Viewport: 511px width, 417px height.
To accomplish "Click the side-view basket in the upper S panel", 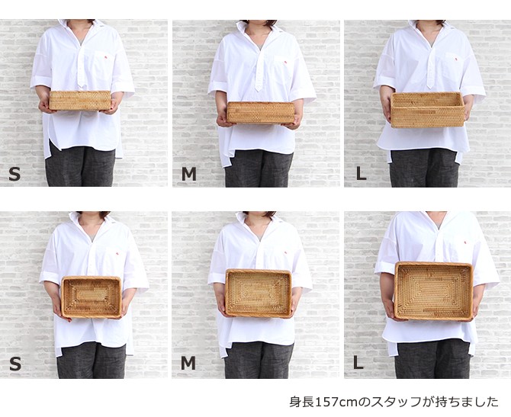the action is [x=80, y=101].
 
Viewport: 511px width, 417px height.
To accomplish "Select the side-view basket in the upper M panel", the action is [x=260, y=113].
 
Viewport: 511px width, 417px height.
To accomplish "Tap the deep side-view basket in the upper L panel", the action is [x=428, y=110].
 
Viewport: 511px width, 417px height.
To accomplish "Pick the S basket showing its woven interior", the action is [x=92, y=297].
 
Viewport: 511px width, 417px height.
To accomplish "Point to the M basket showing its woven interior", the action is [x=258, y=294].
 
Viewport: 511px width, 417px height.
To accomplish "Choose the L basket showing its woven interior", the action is [x=433, y=291].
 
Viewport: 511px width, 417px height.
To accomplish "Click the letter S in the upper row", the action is [x=14, y=174].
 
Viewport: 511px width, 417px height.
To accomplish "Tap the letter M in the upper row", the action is [x=189, y=174].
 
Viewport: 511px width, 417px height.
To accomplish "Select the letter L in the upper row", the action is [x=361, y=174].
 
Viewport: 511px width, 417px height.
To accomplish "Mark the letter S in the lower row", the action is [x=15, y=364].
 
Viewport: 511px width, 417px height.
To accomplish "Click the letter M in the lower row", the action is [x=188, y=363].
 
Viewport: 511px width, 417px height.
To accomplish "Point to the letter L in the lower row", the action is [x=358, y=363].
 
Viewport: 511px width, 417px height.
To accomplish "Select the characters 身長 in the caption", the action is [x=302, y=402].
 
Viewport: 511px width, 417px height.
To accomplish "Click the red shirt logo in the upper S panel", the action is [x=106, y=58].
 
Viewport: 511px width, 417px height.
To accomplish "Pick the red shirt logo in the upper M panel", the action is [x=285, y=62].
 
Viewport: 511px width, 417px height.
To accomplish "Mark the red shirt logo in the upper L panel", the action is [x=456, y=58].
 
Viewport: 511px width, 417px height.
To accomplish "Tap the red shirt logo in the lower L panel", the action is [x=465, y=242].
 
